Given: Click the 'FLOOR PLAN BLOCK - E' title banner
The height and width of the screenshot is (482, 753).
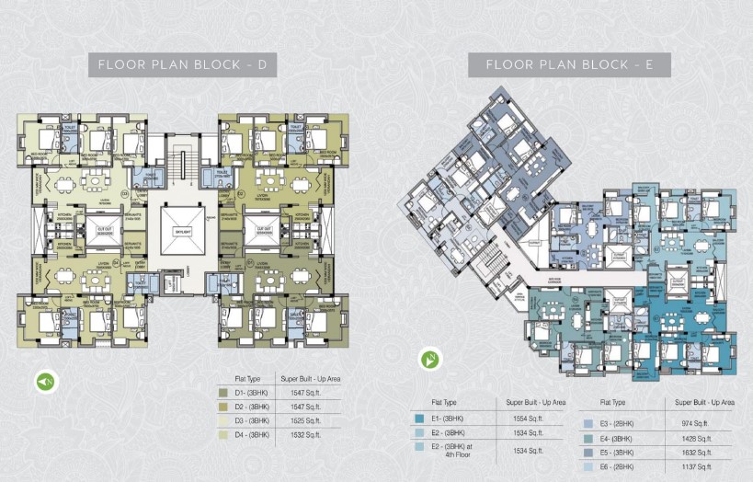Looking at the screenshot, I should [569, 64].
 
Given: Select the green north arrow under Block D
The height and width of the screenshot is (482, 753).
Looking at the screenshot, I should [43, 380].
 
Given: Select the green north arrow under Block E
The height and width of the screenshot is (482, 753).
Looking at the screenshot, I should [429, 359].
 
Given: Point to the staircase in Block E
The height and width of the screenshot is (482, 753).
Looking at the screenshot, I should [488, 259].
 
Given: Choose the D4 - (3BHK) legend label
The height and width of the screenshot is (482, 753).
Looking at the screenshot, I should [251, 433].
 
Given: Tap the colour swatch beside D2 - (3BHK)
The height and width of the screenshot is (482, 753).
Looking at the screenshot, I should [222, 406].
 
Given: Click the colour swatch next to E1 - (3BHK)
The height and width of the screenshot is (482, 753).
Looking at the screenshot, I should [420, 419].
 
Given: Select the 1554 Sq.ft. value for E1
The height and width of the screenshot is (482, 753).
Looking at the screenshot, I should [524, 419].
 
